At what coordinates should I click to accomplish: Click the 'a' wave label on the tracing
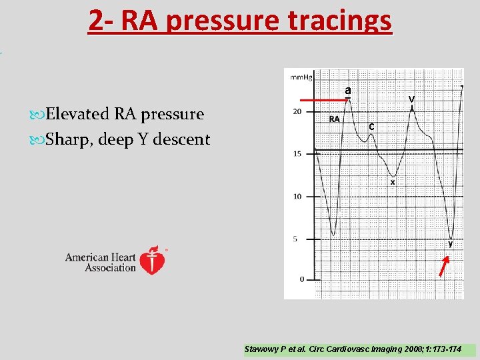(347, 90)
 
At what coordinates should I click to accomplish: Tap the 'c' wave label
(371, 127)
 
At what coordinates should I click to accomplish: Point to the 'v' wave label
(412, 99)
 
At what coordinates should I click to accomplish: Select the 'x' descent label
(393, 181)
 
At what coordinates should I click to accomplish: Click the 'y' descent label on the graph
(451, 243)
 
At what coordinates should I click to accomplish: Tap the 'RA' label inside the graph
(335, 120)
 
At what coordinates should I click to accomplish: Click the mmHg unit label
(300, 77)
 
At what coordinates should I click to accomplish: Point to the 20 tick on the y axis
(297, 111)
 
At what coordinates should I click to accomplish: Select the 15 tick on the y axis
(297, 154)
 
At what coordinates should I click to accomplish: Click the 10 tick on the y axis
(297, 196)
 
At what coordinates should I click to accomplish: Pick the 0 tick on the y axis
(301, 280)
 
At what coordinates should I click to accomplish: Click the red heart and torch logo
(154, 260)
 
